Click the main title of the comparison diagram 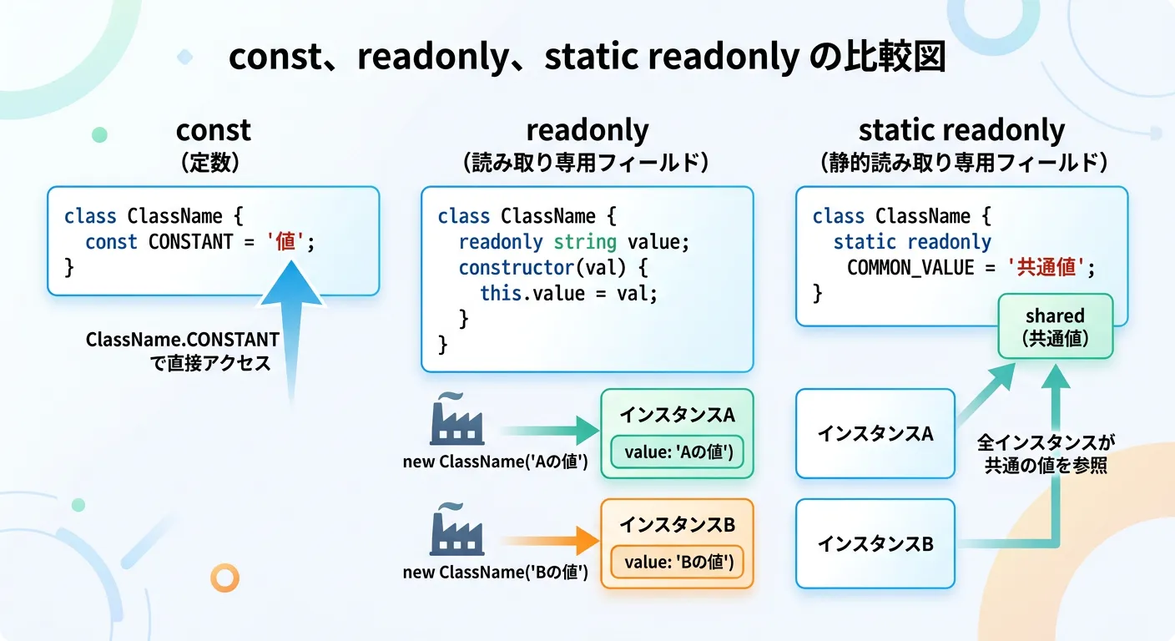click(587, 58)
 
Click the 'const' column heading click(213, 130)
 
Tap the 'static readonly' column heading click(961, 130)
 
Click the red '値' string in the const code click(287, 242)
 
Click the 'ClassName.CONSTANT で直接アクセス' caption click(182, 351)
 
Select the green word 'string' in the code click(583, 242)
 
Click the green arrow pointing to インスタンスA click(551, 432)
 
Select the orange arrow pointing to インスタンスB click(551, 541)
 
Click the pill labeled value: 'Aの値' click(678, 452)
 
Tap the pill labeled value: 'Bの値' click(678, 563)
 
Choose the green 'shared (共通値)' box click(1055, 326)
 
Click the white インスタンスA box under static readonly click(875, 433)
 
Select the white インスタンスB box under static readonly click(875, 543)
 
